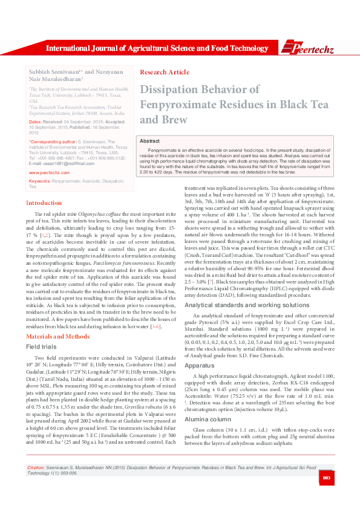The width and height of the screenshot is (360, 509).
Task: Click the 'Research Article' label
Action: pos(165,72)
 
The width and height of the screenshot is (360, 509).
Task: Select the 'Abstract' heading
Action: pos(149,140)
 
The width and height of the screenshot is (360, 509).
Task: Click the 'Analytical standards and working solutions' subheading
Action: pos(239,306)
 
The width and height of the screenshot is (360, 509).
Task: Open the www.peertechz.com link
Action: pos(50,172)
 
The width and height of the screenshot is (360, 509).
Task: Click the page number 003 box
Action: pos(326,496)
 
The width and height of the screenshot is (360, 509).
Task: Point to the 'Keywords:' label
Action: pos(39,181)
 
